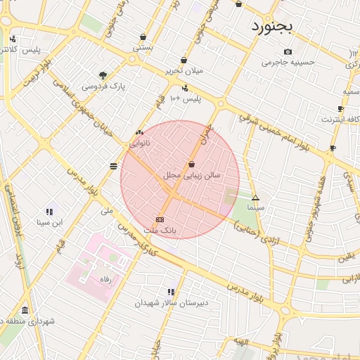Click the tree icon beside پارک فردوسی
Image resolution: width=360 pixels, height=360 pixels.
[103, 75]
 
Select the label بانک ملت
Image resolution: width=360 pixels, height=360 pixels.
[160, 230]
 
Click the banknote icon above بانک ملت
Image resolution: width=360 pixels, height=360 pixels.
[160, 220]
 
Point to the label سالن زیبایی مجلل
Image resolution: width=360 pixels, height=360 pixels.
[192, 174]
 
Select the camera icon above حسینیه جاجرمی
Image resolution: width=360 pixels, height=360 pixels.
[288, 51]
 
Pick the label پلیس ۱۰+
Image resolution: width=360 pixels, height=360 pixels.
[185, 98]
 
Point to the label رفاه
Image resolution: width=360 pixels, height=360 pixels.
[106, 279]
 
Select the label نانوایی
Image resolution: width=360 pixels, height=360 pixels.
[139, 143]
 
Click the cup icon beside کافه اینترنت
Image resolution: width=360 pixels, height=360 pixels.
[340, 109]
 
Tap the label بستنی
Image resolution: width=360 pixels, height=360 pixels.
[143, 48]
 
